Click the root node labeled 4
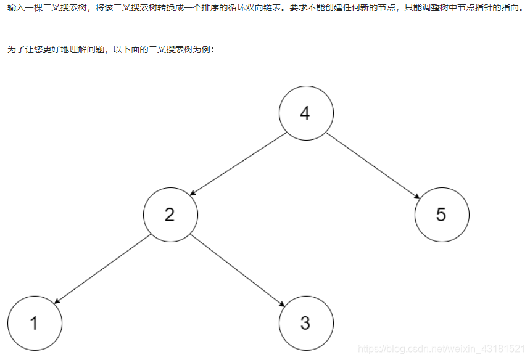(x=306, y=113)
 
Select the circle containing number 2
(x=170, y=215)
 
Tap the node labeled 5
(x=442, y=215)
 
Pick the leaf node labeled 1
(x=35, y=323)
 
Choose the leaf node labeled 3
(x=306, y=323)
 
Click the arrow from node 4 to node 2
(x=238, y=164)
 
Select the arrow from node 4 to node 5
(x=374, y=165)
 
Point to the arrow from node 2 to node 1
(x=102, y=269)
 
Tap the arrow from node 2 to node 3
(x=238, y=269)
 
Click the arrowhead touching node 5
(x=417, y=196)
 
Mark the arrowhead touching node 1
(x=57, y=302)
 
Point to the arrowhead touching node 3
(x=282, y=305)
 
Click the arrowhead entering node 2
(x=193, y=194)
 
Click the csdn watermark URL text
(x=442, y=350)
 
